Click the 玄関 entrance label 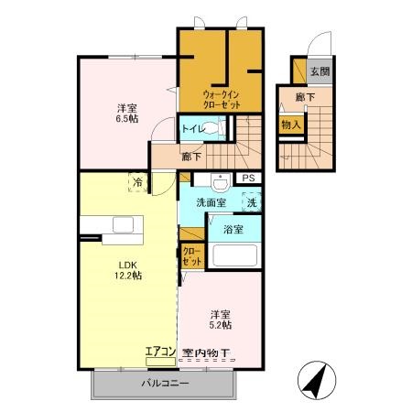click(x=319, y=71)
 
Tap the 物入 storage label click(x=291, y=125)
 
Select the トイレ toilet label click(x=192, y=130)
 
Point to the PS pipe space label click(x=248, y=179)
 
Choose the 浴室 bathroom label click(x=233, y=230)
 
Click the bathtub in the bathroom click(x=235, y=254)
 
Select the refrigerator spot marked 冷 click(x=137, y=181)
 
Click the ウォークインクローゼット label click(x=222, y=98)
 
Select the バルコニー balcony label click(x=166, y=383)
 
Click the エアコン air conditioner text click(x=161, y=352)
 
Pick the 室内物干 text click(x=205, y=352)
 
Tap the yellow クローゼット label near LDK click(x=191, y=256)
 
